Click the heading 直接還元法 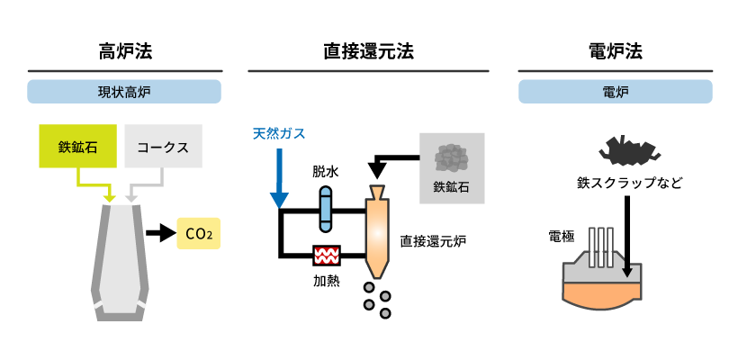(368, 51)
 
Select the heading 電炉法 (615, 51)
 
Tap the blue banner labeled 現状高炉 (124, 92)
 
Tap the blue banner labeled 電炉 (615, 92)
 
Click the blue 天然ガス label (279, 134)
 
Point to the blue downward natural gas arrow (279, 180)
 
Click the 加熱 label (326, 280)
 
